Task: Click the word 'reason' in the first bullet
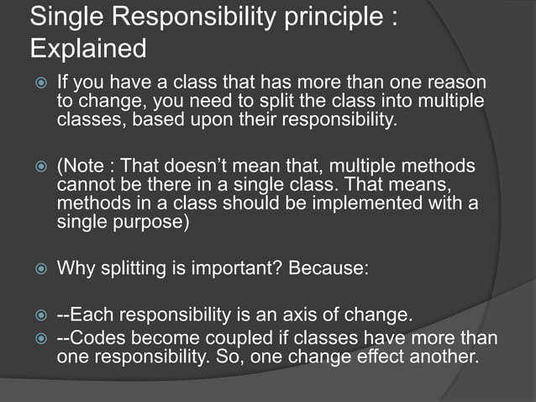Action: coord(458,84)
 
